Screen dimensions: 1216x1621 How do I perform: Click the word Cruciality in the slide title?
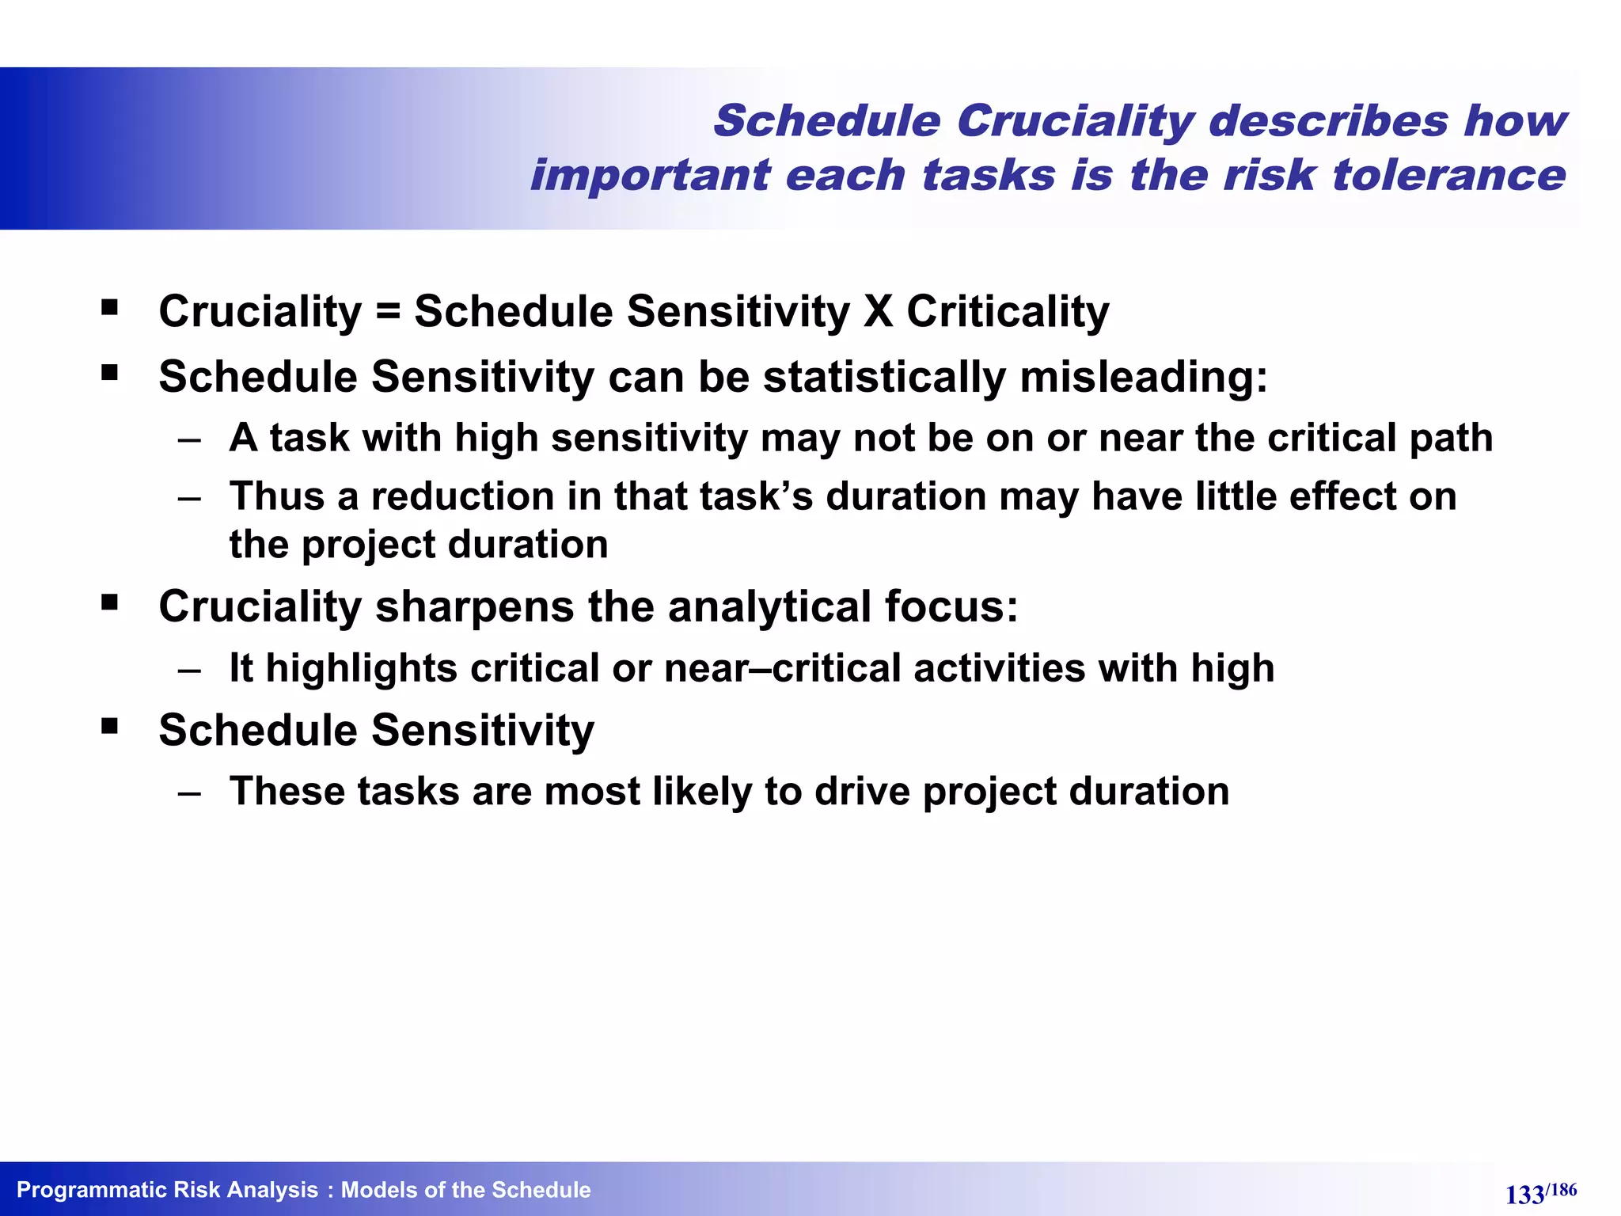[x=1075, y=122]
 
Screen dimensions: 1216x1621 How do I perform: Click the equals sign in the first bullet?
[x=388, y=311]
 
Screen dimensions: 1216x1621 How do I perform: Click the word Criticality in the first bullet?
[x=1008, y=311]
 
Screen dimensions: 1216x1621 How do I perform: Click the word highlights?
[x=361, y=668]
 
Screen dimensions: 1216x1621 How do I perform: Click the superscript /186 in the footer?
[x=1562, y=1190]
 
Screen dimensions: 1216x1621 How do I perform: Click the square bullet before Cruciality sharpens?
[x=109, y=603]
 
